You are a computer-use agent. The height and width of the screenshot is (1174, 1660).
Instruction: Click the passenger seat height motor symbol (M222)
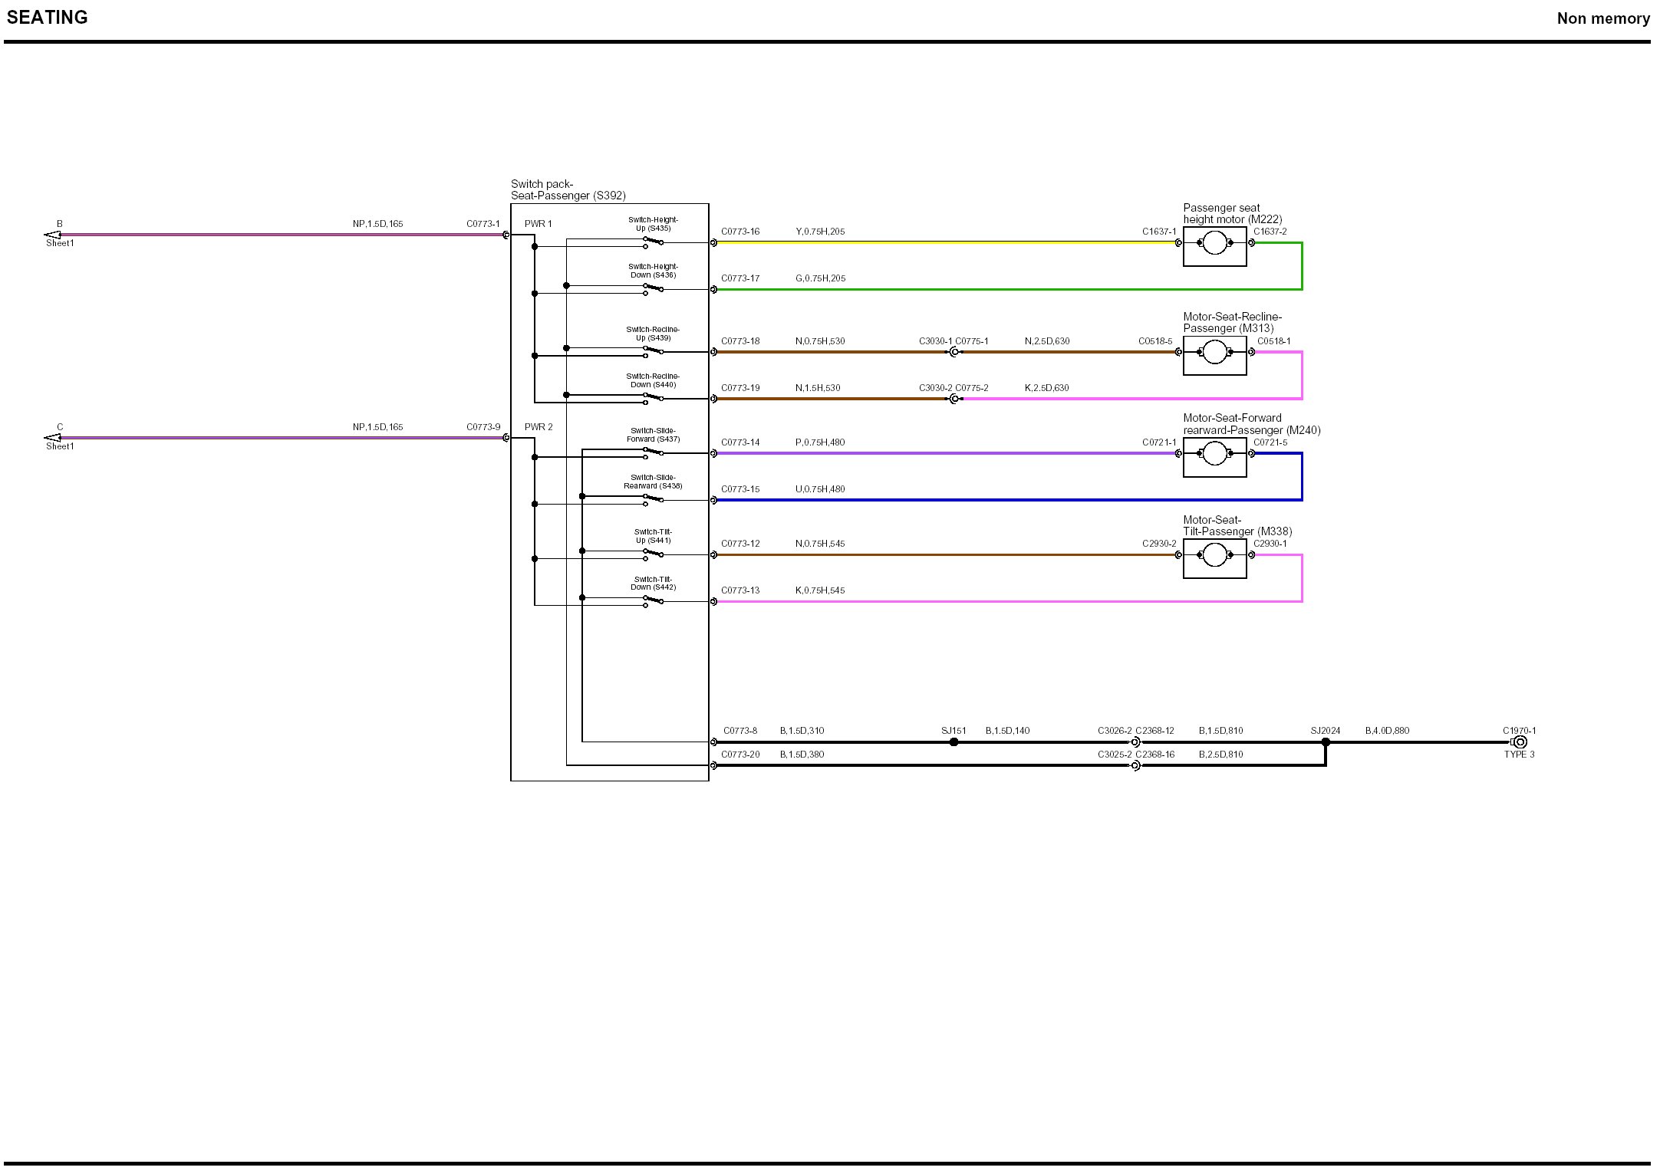[1214, 244]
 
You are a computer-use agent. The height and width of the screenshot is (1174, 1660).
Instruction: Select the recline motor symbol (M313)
[1214, 353]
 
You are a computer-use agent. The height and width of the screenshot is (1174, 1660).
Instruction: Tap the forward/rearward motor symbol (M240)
[1214, 454]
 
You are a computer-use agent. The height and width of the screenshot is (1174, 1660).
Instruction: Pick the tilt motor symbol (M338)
[1214, 555]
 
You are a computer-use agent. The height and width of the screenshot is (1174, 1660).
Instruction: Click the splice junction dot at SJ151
[954, 742]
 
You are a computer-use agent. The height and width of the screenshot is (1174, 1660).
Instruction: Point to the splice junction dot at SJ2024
[1326, 742]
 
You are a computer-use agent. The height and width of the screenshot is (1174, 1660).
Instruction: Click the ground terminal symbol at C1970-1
[1520, 742]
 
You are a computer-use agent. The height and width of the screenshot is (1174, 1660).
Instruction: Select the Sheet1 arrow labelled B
[52, 235]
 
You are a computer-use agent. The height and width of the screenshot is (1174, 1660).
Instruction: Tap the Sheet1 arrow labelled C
[52, 438]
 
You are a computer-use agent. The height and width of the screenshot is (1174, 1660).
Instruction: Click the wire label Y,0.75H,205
[820, 232]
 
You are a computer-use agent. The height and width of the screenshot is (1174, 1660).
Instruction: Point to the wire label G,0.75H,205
[820, 278]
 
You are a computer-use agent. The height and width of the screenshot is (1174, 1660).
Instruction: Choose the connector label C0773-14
[740, 442]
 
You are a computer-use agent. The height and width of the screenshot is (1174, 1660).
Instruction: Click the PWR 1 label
[538, 224]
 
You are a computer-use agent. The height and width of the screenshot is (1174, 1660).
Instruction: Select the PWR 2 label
[539, 427]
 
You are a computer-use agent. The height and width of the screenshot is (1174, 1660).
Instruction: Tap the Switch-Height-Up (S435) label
[653, 224]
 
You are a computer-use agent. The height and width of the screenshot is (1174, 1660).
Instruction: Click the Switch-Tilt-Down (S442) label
[653, 584]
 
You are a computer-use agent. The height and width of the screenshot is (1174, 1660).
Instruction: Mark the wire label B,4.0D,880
[1387, 731]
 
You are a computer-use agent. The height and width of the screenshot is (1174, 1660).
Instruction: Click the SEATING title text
[48, 18]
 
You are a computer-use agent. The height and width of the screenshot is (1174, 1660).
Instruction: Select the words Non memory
[1603, 18]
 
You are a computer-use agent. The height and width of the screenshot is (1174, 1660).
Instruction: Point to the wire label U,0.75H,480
[820, 489]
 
